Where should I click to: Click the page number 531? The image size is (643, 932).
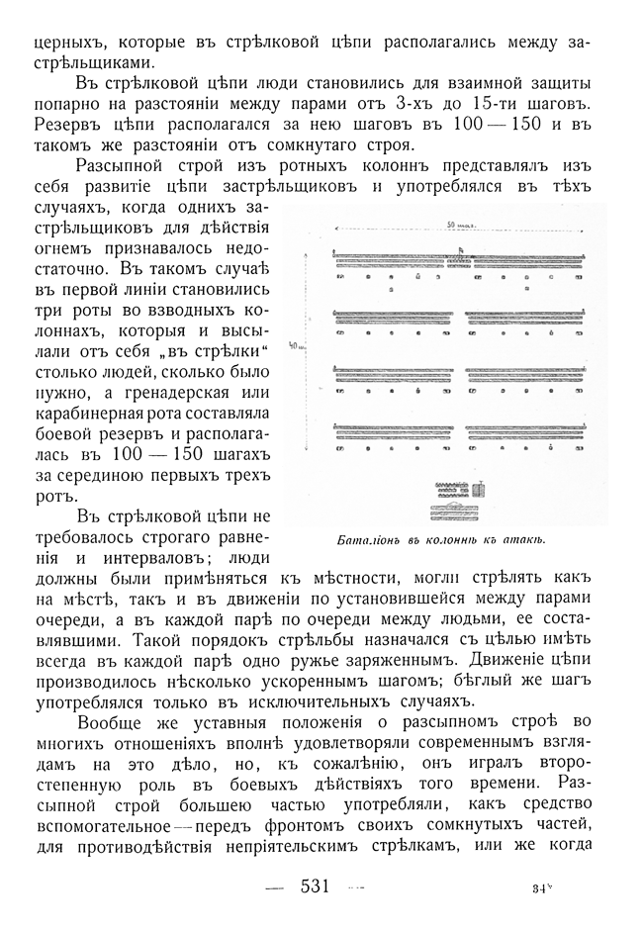click(x=315, y=886)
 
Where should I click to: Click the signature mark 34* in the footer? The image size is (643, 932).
click(x=540, y=888)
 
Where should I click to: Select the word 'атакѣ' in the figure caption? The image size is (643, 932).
click(x=522, y=540)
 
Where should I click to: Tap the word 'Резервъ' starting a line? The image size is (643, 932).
click(x=64, y=127)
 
